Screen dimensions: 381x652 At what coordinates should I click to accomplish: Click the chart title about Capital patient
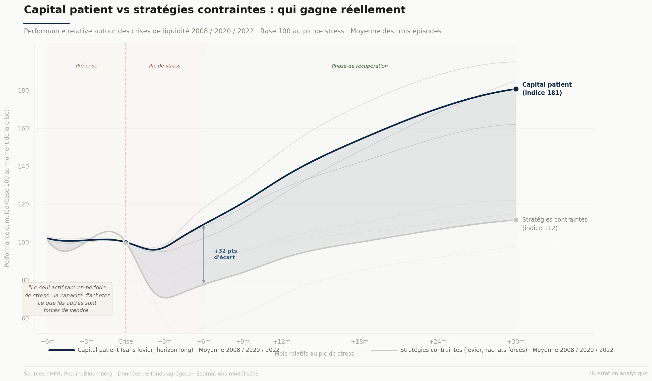pos(215,10)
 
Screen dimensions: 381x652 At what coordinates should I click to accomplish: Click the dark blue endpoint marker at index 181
pos(516,89)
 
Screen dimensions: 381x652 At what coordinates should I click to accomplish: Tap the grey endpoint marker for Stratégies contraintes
pos(516,220)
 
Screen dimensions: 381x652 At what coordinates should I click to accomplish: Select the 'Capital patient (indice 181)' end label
pos(547,89)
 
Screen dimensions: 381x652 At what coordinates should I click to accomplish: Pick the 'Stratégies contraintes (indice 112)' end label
pos(555,224)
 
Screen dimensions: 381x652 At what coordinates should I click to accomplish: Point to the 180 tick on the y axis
pos(23,91)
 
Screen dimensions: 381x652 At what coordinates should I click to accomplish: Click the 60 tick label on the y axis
pos(25,318)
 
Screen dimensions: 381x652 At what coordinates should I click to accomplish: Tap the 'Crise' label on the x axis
pos(125,342)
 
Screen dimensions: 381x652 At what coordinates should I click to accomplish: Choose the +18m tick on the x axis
pos(360,342)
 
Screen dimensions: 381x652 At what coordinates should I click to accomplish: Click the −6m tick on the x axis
pos(48,342)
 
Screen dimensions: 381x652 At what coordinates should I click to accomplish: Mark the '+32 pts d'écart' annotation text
pos(225,254)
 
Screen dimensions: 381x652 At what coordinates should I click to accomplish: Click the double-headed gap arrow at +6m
pos(204,254)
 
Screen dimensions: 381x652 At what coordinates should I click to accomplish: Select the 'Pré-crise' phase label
pos(86,66)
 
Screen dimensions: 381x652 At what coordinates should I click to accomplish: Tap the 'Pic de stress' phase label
pos(165,66)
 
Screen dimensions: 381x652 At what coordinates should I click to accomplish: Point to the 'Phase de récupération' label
pos(360,66)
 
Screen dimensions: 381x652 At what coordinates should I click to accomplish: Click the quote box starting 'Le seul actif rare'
pos(67,299)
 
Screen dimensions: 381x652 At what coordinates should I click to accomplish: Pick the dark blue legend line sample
pos(61,350)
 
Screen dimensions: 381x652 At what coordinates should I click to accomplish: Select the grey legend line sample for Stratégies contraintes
pos(384,350)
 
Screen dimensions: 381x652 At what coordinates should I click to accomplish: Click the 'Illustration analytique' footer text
pos(618,374)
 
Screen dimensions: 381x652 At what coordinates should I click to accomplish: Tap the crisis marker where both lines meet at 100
pos(126,243)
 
